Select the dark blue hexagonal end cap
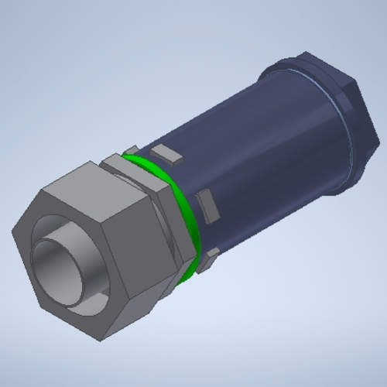click(341, 108)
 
